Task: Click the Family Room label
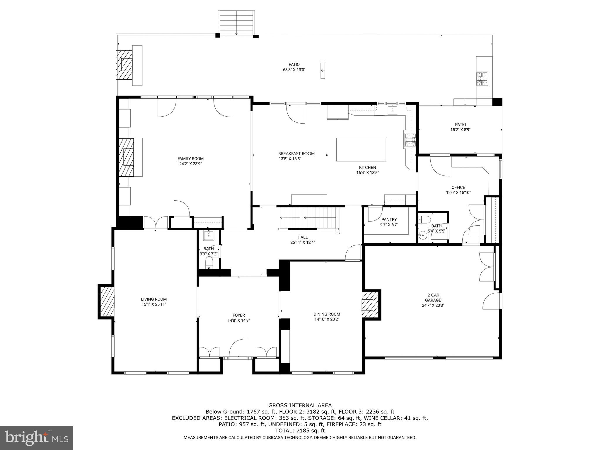point(190,158)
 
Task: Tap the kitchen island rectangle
point(361,150)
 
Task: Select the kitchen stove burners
point(410,139)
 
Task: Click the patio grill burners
point(482,79)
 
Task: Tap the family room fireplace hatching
point(126,157)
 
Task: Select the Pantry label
point(389,219)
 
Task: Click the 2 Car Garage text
point(433,297)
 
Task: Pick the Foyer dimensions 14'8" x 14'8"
point(238,321)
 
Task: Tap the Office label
point(458,187)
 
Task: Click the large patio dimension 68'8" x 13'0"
point(294,70)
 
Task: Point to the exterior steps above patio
point(236,23)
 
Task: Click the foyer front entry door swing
point(238,348)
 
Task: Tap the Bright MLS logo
point(37,438)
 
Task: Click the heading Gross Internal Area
point(300,405)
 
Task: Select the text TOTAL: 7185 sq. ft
point(300,431)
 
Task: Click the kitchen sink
point(392,110)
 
